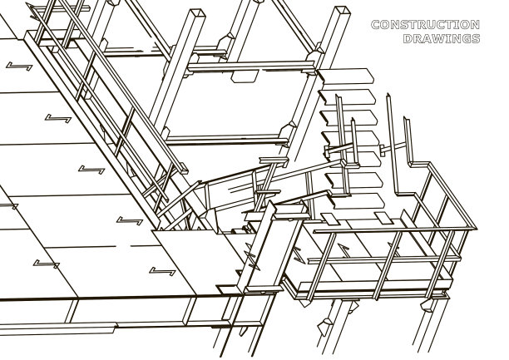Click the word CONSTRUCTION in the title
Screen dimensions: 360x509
(x=424, y=25)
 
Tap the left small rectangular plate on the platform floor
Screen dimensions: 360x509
(x=329, y=219)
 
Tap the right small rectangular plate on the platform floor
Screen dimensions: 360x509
(x=383, y=218)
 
